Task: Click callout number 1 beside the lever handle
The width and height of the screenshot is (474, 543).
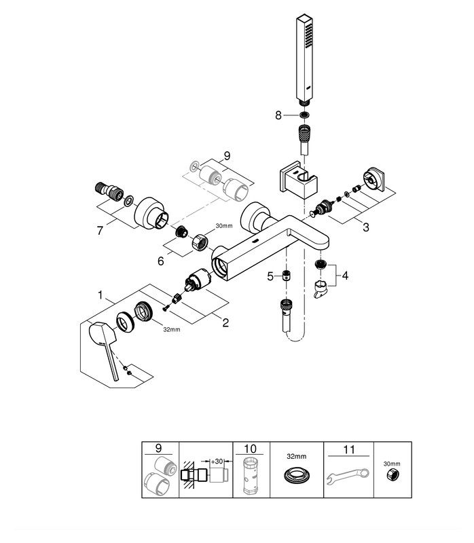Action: coord(102,295)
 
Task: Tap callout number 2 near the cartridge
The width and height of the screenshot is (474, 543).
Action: coord(225,323)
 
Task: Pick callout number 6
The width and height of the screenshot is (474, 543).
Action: coord(160,260)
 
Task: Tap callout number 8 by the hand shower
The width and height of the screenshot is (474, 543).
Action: coord(277,115)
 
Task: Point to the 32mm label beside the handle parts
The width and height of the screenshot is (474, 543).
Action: coord(171,329)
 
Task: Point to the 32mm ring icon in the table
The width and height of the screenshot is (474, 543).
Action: coord(297,476)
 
